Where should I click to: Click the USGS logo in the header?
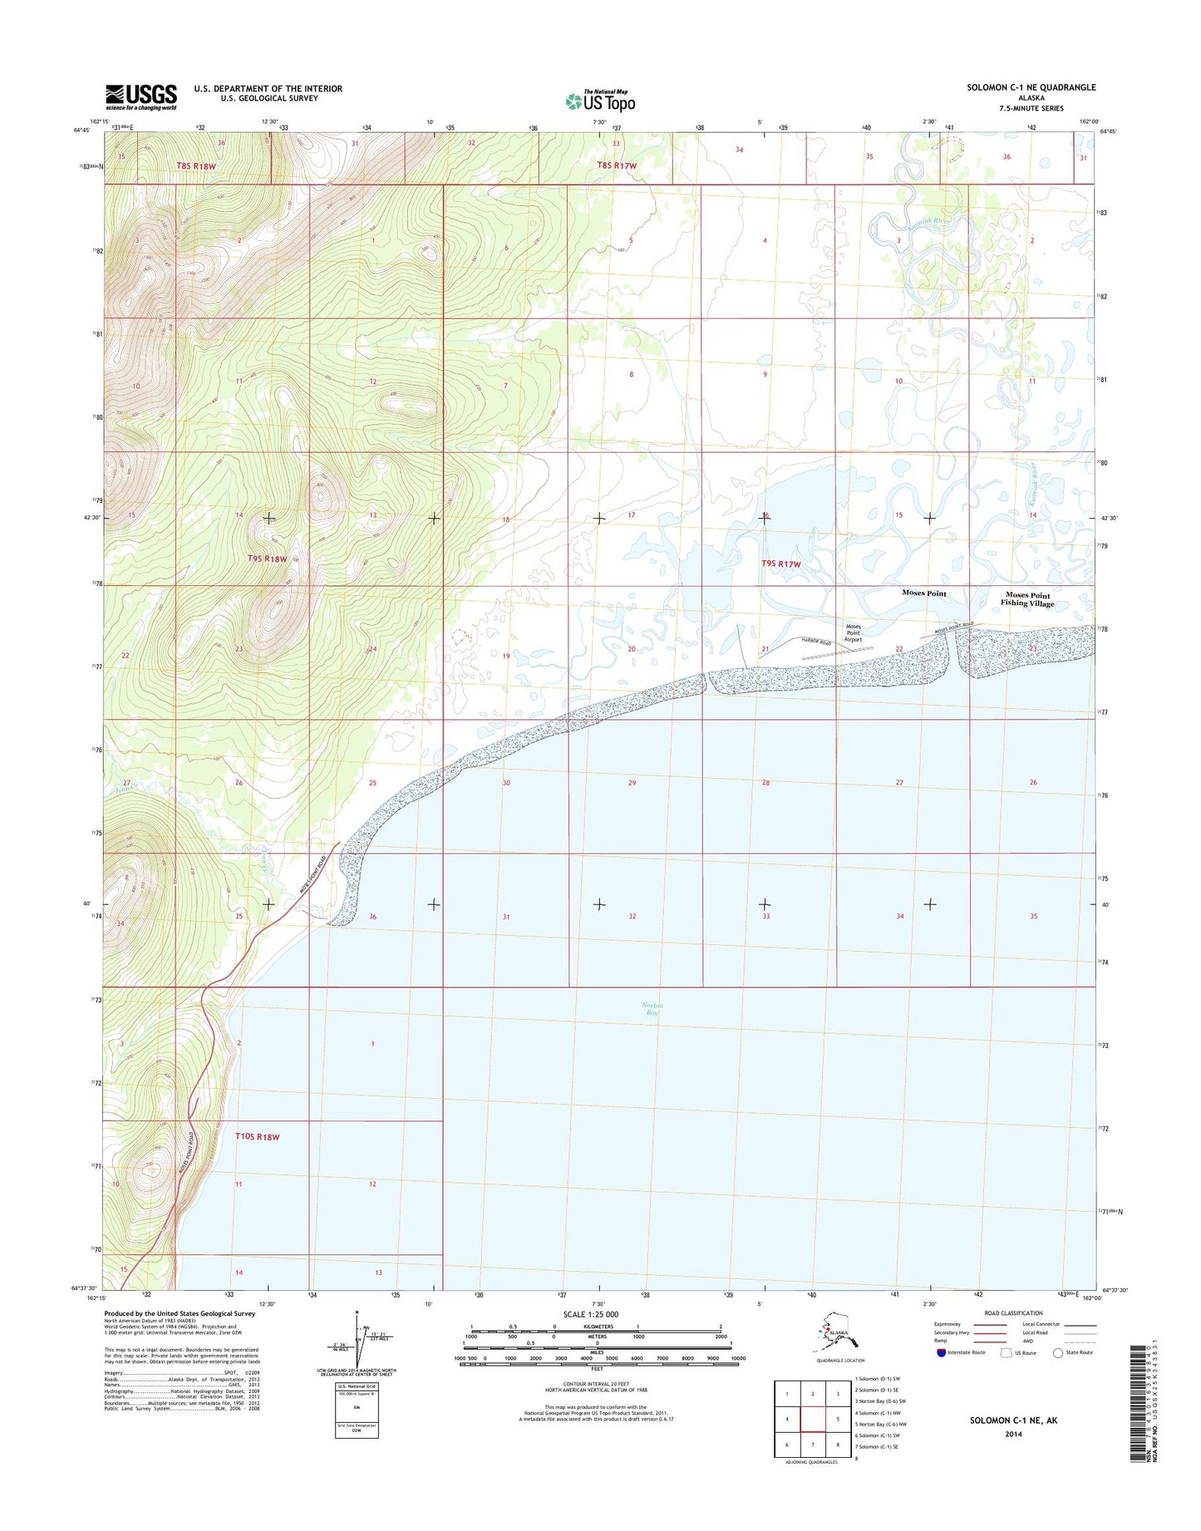[x=140, y=96]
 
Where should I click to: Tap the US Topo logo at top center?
[x=600, y=101]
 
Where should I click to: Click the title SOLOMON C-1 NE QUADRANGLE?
[x=1031, y=87]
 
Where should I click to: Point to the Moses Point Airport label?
[x=854, y=633]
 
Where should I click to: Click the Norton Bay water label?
[x=652, y=1009]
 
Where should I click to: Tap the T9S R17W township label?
[x=781, y=564]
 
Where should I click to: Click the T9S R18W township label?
[x=267, y=559]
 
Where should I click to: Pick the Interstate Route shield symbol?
[x=941, y=1352]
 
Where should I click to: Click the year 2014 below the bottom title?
[x=1013, y=1434]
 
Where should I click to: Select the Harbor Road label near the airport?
[x=816, y=642]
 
